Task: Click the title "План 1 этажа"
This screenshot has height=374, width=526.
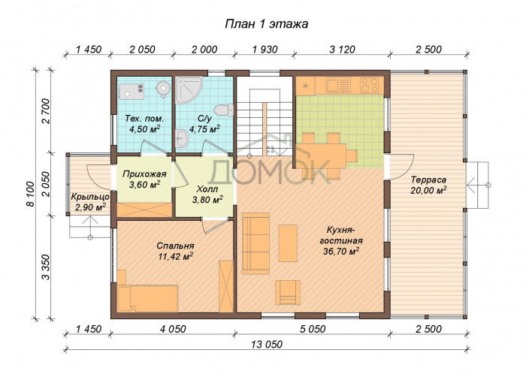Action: (x=266, y=24)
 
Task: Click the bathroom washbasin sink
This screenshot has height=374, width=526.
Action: (x=182, y=137)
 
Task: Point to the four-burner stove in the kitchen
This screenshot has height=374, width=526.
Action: (x=370, y=85)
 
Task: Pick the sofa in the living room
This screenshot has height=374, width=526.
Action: (x=255, y=243)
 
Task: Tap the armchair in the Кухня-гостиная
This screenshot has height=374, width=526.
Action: (x=288, y=292)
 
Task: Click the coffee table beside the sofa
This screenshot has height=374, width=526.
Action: (x=288, y=243)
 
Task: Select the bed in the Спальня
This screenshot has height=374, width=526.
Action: (x=147, y=298)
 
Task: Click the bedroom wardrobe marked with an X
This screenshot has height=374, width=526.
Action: (x=225, y=286)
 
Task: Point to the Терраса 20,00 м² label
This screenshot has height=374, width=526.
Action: (x=428, y=185)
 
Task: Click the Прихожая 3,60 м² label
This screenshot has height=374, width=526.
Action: (x=144, y=179)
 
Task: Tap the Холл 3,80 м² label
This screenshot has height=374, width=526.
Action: (x=207, y=195)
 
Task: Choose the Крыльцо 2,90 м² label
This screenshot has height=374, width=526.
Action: (x=90, y=202)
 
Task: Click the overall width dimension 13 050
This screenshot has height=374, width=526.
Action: (x=267, y=344)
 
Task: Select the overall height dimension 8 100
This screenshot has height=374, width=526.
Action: (x=31, y=194)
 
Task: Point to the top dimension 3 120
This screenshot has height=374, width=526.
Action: (x=342, y=50)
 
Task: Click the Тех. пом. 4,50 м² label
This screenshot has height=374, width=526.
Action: (x=144, y=124)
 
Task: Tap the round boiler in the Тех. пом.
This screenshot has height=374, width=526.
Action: (x=163, y=88)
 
